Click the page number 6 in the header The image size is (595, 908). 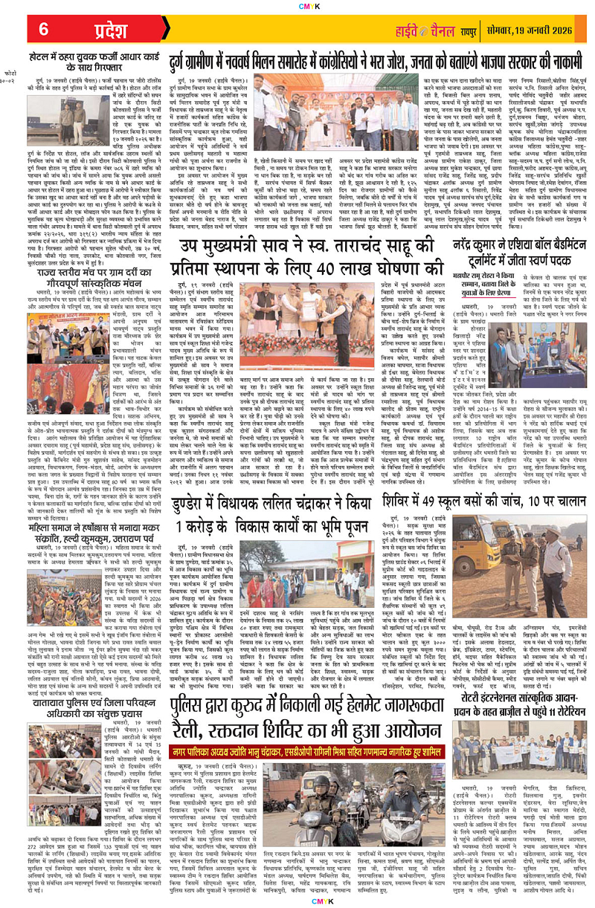point(44,29)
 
